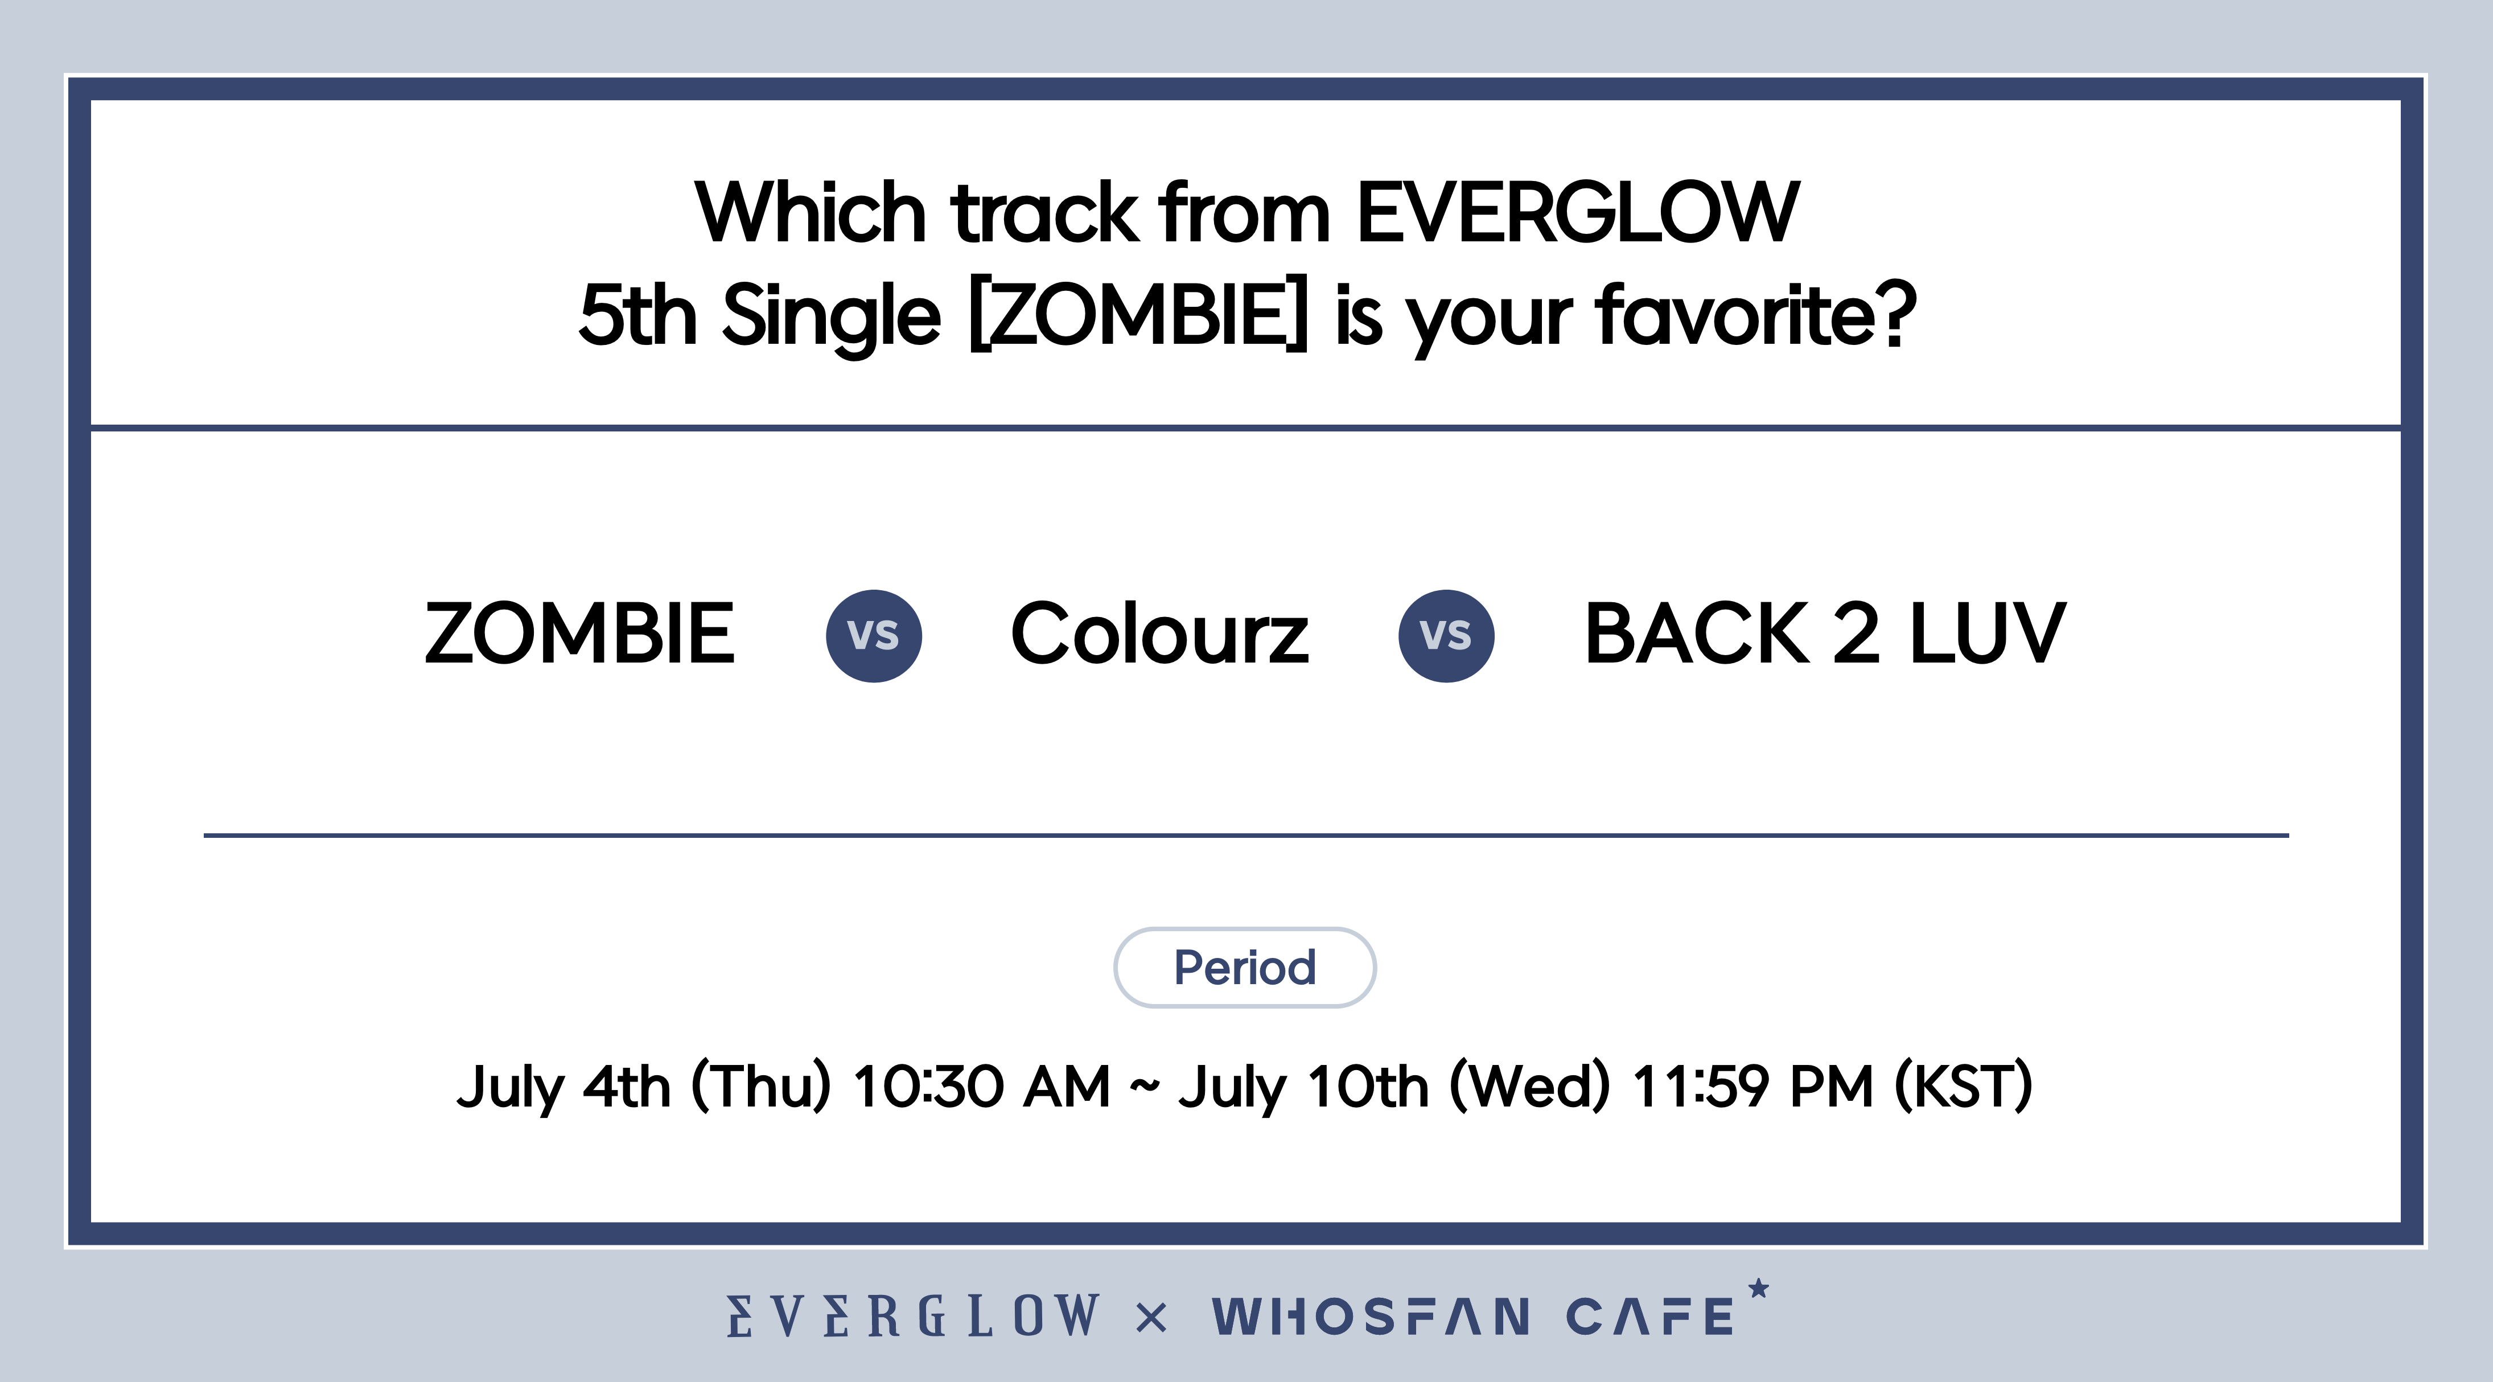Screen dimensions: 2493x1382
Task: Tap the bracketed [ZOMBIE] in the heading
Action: point(1138,315)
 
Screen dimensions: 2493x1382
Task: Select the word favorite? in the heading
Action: point(1755,315)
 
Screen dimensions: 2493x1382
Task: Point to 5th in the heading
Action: point(638,315)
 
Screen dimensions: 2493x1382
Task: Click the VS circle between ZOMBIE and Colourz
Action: point(874,636)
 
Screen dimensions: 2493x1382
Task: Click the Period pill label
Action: point(1245,968)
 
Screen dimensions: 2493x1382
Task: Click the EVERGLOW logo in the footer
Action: point(914,1316)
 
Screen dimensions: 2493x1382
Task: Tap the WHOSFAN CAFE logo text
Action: point(1473,1316)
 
